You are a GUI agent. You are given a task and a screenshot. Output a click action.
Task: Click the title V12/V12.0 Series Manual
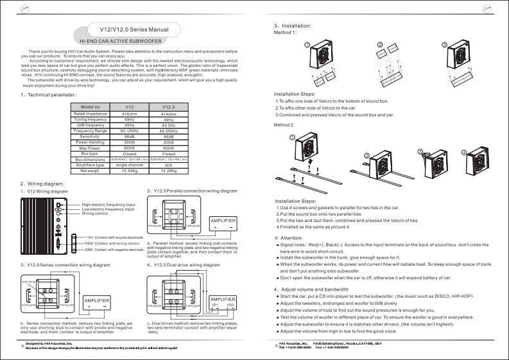134,30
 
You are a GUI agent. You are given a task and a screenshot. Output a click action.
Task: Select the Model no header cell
90,107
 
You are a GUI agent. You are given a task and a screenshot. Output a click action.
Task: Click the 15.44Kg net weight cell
129,171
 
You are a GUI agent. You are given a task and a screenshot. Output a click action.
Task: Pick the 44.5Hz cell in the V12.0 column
169,125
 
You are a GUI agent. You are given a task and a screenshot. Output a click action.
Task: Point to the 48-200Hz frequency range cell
169,131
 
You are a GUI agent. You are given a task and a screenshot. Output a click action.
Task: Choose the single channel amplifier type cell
129,166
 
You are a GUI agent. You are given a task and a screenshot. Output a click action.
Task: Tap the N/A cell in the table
169,166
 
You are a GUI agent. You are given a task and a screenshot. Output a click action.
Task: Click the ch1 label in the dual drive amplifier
216,304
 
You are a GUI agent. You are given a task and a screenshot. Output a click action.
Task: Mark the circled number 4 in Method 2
463,153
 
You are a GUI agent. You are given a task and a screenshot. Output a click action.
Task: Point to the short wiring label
28,282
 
